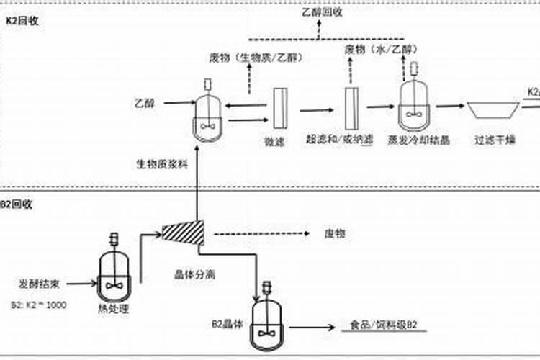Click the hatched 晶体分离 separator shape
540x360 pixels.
[x=183, y=232]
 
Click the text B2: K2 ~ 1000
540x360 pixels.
[x=40, y=305]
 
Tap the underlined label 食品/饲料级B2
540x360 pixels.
[x=383, y=325]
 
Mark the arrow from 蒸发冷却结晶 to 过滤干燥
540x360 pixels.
[x=449, y=106]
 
